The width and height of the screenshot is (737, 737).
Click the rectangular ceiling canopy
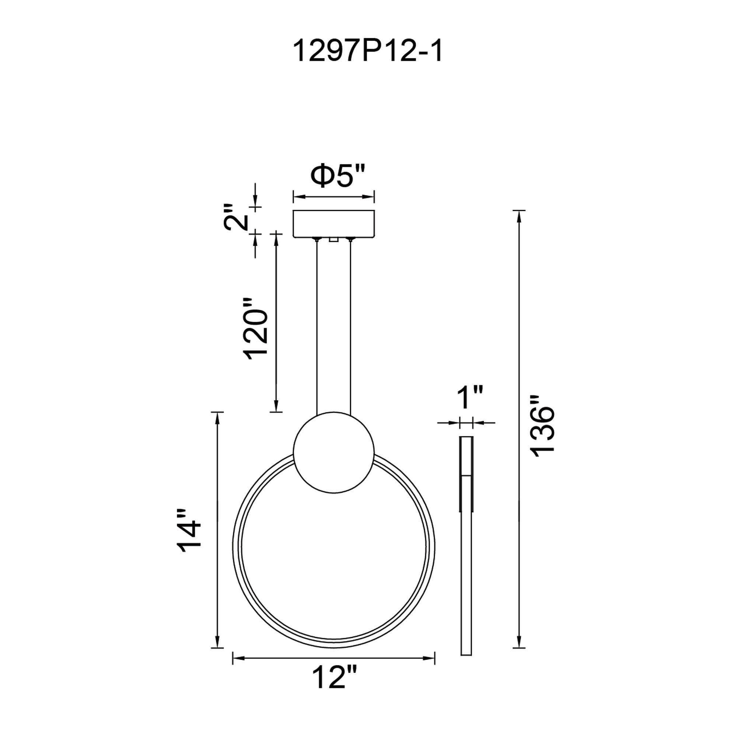tap(334, 224)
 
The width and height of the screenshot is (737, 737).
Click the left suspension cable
tap(317, 328)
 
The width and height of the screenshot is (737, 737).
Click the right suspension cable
tap(350, 328)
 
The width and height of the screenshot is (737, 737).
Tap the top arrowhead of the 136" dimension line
tap(519, 216)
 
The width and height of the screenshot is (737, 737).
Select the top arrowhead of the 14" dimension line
tap(217, 418)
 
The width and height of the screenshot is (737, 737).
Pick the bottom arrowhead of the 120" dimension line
tap(276, 406)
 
